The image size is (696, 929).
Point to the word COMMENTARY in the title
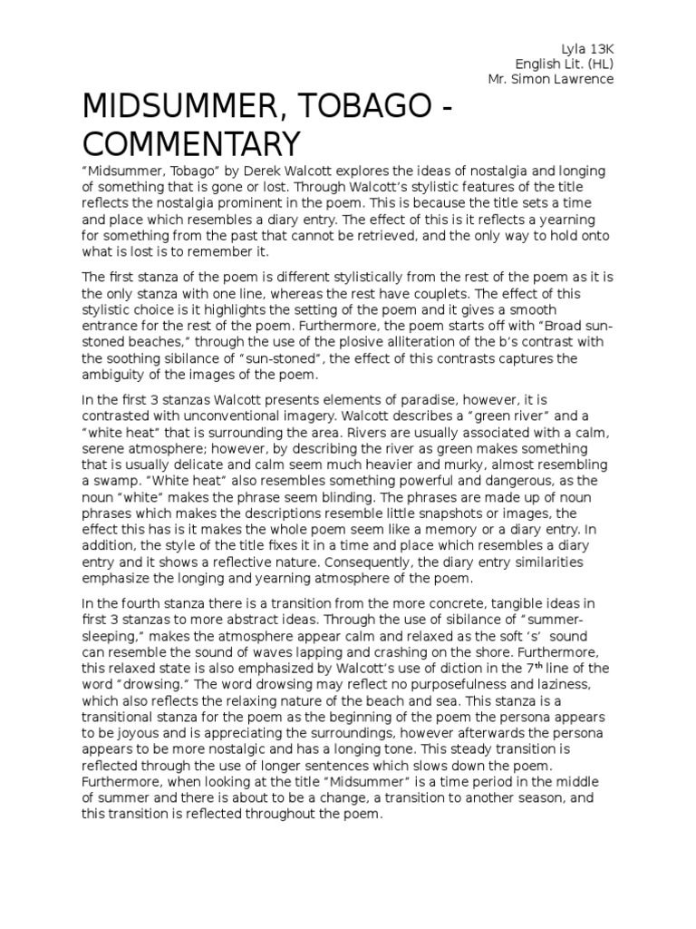[190, 144]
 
